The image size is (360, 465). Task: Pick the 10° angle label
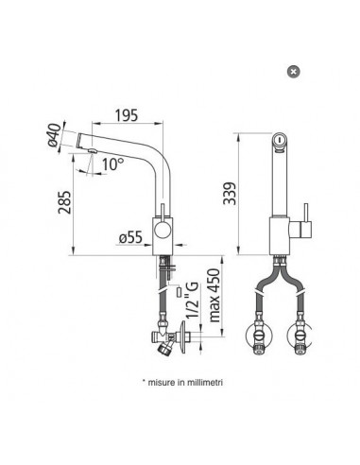click(111, 163)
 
